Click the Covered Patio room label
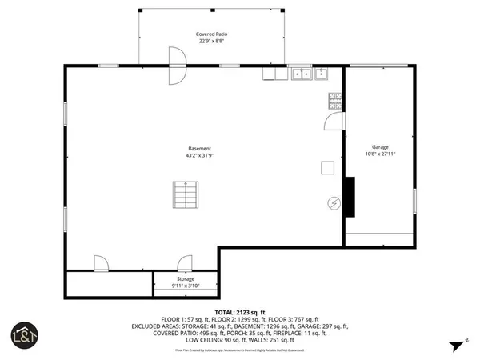point(210,34)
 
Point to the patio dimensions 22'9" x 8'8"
point(210,42)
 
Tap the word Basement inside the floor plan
point(199,149)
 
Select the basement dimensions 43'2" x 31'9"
point(199,156)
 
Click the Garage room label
point(380,147)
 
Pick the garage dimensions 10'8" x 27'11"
point(380,154)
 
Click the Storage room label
point(184,279)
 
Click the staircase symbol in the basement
point(185,194)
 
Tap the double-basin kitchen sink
point(302,74)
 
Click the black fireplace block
point(350,197)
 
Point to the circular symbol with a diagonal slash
point(334,203)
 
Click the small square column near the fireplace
point(327,167)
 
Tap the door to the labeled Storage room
point(186,263)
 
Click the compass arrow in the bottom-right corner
point(457,346)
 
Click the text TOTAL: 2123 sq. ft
point(239,311)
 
